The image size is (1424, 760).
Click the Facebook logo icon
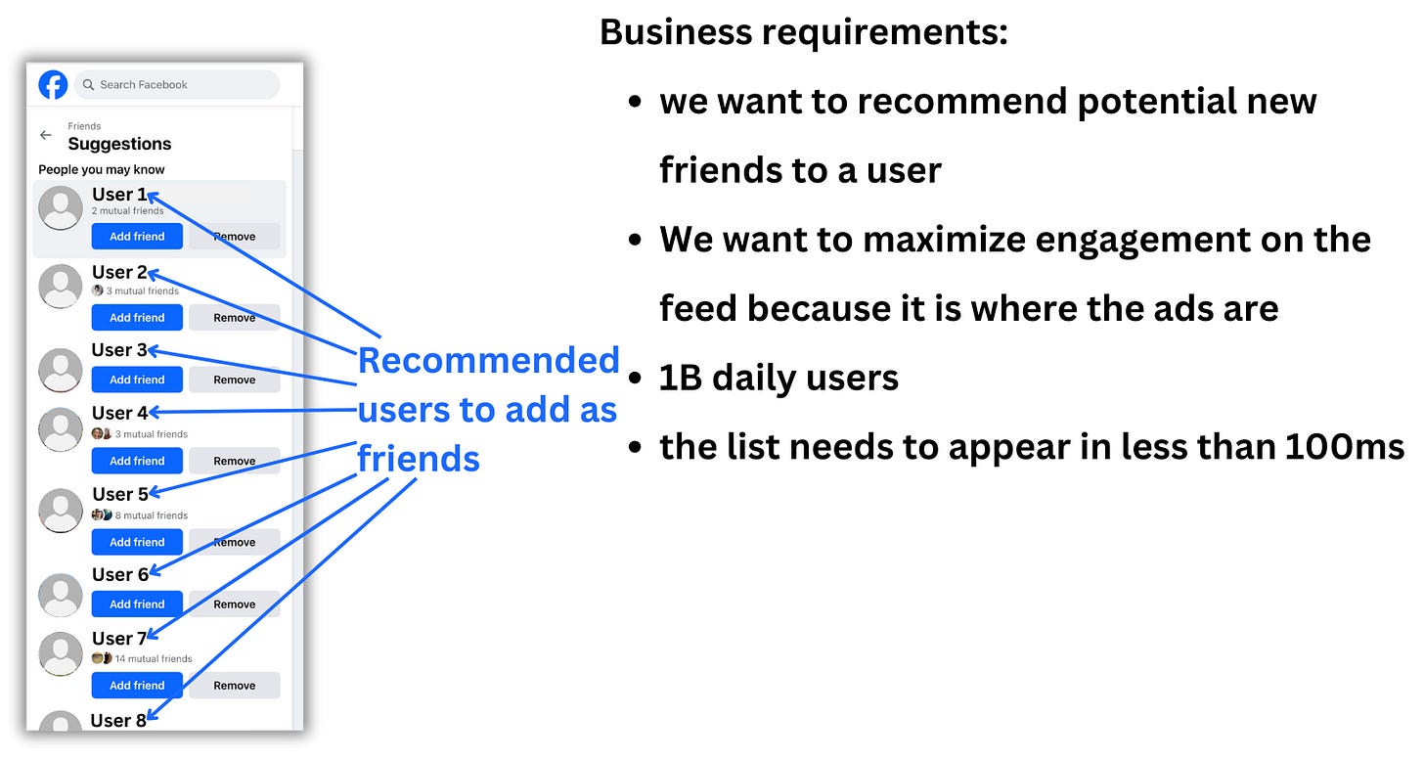53,85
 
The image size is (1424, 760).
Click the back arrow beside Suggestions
46,135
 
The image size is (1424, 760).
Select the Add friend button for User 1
137,237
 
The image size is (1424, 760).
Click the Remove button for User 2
234,318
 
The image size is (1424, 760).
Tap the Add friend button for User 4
137,461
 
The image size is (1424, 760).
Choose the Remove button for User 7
234,686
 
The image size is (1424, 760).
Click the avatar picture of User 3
61,369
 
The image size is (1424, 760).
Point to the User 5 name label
120,494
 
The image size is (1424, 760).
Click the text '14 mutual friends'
153,659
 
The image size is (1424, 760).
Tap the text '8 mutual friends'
151,515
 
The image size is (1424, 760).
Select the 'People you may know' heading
102,170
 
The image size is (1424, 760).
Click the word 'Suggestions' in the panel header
119,144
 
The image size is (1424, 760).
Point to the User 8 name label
118,721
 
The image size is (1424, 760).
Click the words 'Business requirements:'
803,32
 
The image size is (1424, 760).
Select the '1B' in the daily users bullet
681,378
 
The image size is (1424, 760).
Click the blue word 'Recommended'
488,360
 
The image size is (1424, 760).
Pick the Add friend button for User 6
137,604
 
